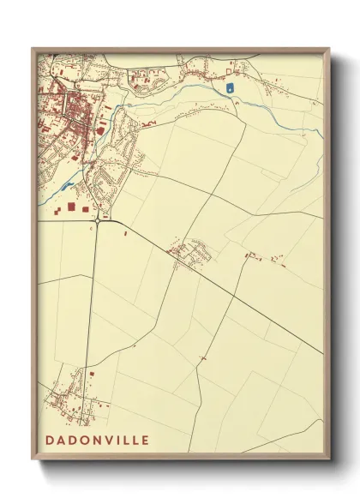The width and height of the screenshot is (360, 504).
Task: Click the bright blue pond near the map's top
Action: (229, 87)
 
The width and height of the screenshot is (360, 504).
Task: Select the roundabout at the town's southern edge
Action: (101, 220)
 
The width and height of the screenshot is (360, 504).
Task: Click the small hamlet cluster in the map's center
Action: (191, 253)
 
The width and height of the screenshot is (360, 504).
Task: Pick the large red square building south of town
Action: (71, 207)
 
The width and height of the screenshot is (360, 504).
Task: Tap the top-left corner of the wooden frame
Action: (33, 48)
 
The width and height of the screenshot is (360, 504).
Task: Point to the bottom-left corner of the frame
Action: (33, 461)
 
